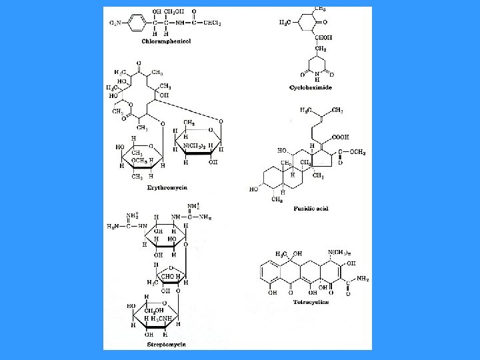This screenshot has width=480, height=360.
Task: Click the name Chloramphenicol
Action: (x=166, y=41)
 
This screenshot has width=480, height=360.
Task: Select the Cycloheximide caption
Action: (x=311, y=87)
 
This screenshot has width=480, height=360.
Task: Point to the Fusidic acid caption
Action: (x=311, y=209)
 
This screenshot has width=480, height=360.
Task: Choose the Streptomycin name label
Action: (x=166, y=345)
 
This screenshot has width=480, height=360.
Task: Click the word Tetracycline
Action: (x=311, y=302)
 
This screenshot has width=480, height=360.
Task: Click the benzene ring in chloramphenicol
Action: (x=136, y=23)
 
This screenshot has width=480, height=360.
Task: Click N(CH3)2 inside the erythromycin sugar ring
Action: (x=194, y=146)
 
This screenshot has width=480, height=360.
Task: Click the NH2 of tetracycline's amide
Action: (x=363, y=279)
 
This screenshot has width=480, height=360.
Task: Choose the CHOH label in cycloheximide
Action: (x=324, y=37)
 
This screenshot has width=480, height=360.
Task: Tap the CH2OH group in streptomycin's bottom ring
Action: (x=155, y=310)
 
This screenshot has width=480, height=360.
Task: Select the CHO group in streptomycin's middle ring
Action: (x=165, y=275)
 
